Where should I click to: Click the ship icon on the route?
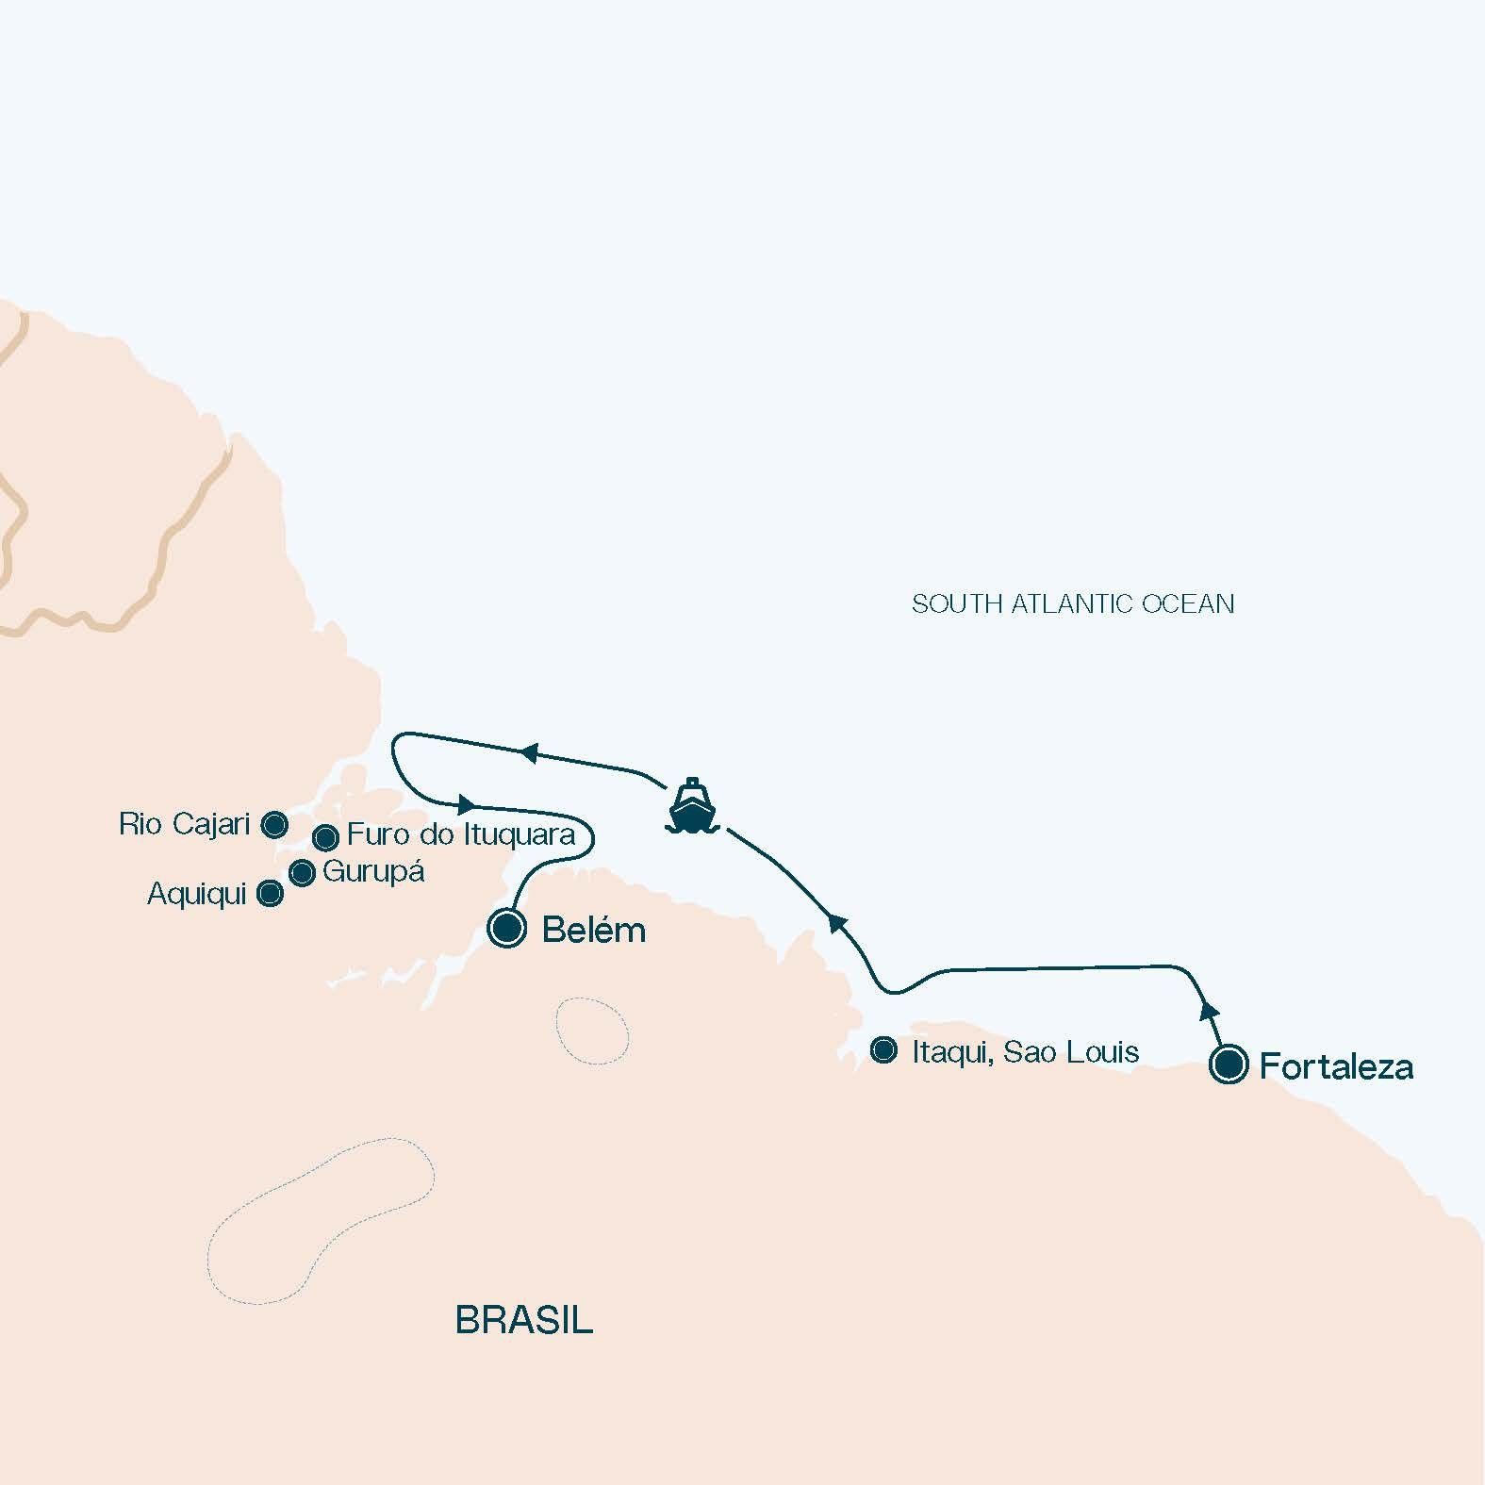(692, 807)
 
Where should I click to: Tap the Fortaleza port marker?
(1229, 1065)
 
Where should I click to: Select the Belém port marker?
(506, 928)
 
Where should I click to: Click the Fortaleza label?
(1336, 1067)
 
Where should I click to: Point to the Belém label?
(594, 931)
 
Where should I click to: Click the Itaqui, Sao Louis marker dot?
(883, 1050)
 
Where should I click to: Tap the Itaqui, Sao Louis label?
(1025, 1051)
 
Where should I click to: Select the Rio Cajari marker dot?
(274, 825)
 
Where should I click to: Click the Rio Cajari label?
(184, 825)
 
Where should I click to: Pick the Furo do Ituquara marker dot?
(325, 836)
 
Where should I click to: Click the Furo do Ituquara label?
(461, 834)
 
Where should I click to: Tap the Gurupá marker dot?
(302, 873)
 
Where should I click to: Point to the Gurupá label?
(373, 871)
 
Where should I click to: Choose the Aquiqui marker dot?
(270, 894)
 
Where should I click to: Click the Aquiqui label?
(196, 894)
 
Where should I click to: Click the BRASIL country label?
(524, 1319)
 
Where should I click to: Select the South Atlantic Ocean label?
(1073, 603)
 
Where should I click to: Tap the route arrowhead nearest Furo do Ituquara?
(465, 805)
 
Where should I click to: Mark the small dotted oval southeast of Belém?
(592, 1031)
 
